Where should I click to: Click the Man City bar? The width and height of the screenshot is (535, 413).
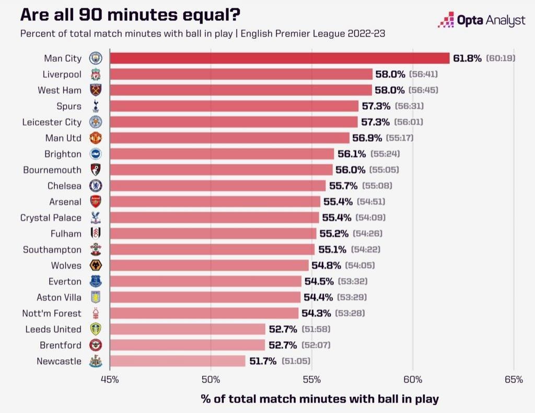point(280,58)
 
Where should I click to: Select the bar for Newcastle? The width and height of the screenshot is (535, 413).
point(178,361)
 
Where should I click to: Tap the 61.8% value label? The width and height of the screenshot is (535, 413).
point(467,58)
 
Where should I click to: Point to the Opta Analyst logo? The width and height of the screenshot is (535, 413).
point(481,21)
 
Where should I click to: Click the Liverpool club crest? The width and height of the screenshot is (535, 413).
point(96,74)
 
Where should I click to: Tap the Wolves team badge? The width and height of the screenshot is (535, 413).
point(96,266)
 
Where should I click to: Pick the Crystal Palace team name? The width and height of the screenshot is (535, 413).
point(51,217)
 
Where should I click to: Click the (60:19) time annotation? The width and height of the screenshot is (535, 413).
point(501,58)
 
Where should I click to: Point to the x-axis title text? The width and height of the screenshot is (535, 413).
point(320,399)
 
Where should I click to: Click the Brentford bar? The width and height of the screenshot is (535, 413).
point(188,345)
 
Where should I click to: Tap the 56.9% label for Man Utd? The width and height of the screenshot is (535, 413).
point(367,138)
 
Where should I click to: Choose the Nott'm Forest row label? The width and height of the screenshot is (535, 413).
point(52,313)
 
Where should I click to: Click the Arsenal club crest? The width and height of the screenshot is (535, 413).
point(96,202)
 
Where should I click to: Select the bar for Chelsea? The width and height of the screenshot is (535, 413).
point(218,186)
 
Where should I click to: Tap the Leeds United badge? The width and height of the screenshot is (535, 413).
point(96,329)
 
